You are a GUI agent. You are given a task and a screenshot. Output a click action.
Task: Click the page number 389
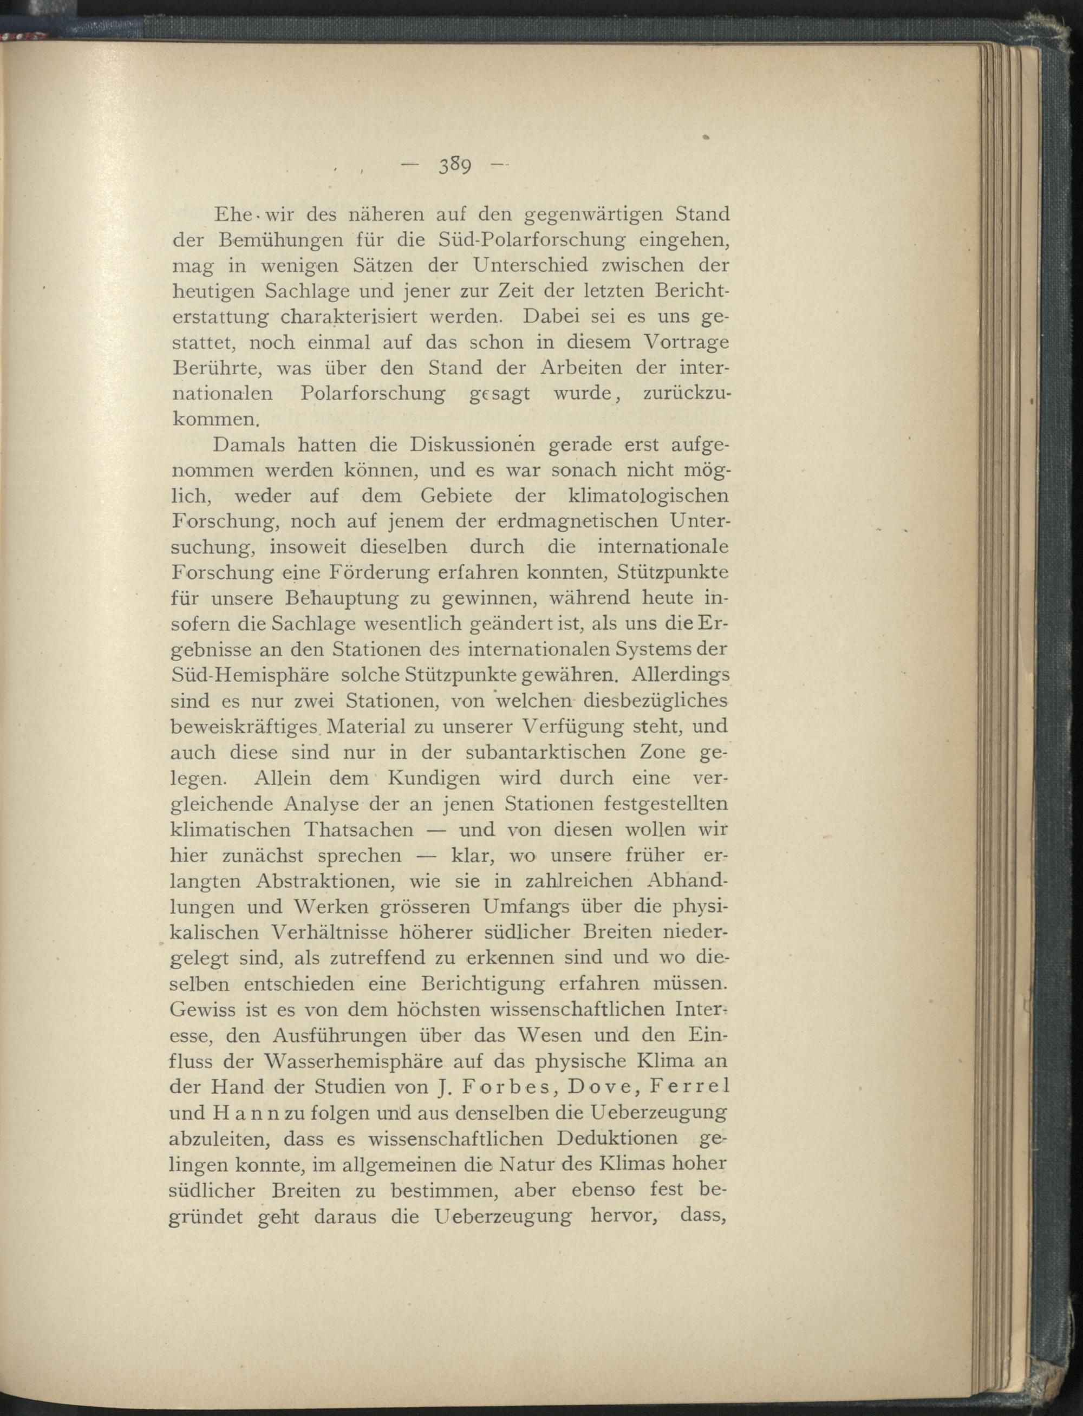click(456, 166)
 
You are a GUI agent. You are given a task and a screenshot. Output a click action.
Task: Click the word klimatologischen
click(649, 496)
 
